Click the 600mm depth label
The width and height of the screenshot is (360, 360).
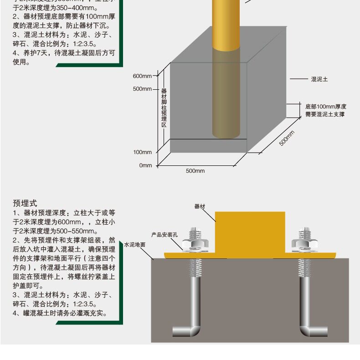point(142,76)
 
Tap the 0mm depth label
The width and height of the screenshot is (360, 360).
point(145,165)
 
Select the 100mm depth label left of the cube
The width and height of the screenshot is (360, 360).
point(142,152)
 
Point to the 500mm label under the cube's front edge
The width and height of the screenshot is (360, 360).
point(195,171)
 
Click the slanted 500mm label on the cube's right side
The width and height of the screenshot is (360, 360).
point(287,138)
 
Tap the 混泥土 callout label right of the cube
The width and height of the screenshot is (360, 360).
point(319,79)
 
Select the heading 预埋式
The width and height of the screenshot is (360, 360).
point(25,203)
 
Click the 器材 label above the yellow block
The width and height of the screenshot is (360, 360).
point(200,206)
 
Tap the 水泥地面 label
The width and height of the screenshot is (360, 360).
point(134,245)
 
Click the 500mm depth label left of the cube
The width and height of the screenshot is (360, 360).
point(142,89)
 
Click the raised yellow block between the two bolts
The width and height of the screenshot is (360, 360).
point(250,230)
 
